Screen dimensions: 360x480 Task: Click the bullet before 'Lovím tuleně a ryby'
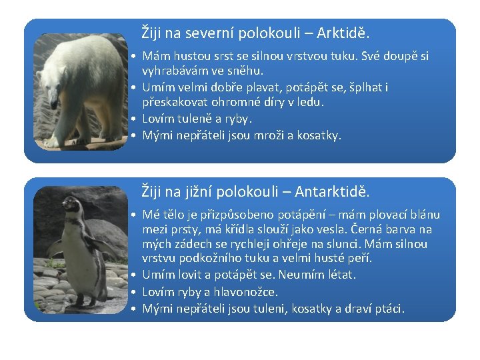[x=135, y=119]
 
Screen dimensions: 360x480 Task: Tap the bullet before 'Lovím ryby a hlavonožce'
[x=135, y=292]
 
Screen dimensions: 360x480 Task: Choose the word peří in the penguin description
[x=361, y=257]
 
